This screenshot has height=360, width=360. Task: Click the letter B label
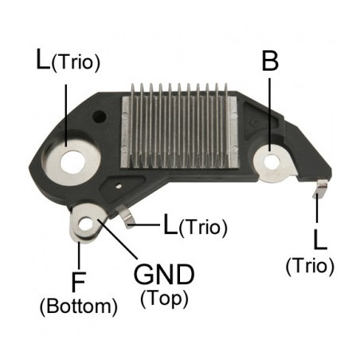(x=270, y=61)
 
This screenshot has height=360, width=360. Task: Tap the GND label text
(x=164, y=274)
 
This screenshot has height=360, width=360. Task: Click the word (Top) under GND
(x=164, y=299)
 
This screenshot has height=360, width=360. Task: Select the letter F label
(x=78, y=281)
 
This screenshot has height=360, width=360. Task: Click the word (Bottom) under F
(x=79, y=306)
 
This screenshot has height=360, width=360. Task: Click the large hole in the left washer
(x=72, y=162)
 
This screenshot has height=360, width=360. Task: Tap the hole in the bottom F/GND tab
(x=85, y=225)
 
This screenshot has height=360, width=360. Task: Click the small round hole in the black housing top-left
(x=100, y=116)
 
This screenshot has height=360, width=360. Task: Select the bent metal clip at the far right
(x=321, y=188)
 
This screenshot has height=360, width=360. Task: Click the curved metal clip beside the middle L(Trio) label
(x=127, y=217)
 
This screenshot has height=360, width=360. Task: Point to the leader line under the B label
(x=270, y=115)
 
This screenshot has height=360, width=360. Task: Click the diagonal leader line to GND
(x=118, y=239)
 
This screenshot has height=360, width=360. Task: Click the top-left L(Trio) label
(x=68, y=61)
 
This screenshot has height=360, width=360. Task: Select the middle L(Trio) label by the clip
(x=196, y=225)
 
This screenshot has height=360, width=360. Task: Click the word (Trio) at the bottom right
(x=310, y=266)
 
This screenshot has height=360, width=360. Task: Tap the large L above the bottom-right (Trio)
(x=320, y=240)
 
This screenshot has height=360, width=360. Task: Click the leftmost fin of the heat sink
(x=133, y=125)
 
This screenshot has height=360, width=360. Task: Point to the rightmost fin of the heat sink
(x=226, y=125)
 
